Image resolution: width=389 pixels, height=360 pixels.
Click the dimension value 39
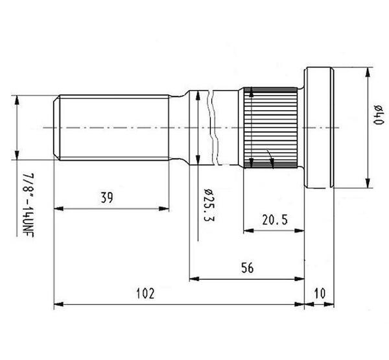pos(107,198)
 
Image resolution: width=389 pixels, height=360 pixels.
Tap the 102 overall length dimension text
pos(145,293)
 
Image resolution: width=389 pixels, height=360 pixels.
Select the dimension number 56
pos(248,268)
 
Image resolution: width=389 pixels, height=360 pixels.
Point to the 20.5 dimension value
pos(275,220)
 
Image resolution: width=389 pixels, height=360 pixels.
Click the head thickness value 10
pos(320,293)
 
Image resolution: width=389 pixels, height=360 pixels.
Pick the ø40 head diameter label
pos(379,114)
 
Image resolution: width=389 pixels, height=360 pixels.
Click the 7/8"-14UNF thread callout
pos(28,205)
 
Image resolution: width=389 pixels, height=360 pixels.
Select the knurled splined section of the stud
pos(270,128)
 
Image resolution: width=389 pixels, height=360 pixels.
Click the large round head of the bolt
pos(319,128)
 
